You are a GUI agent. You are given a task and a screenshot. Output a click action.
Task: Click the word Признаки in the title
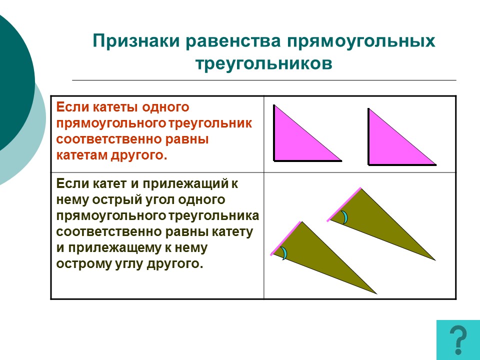tap(136, 41)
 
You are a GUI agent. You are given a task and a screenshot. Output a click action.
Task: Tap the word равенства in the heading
tap(233, 41)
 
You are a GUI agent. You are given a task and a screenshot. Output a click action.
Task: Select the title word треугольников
tap(264, 64)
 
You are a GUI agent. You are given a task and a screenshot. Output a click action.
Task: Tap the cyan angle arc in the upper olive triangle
tap(345, 217)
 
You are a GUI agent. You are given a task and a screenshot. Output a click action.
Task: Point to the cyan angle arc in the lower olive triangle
tap(285, 253)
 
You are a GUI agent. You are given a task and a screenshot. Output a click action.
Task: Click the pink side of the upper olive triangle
tap(344, 204)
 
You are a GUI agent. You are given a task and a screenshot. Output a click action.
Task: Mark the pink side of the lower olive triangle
tap(286, 238)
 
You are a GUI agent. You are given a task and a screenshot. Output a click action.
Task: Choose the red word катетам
tap(81, 155)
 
